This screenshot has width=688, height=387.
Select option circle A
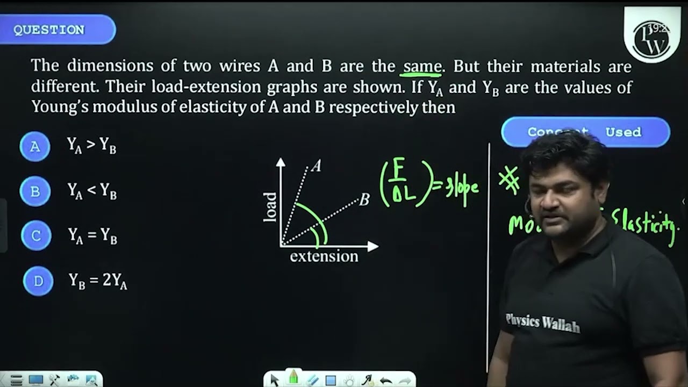point(35,146)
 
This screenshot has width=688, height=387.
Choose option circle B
point(35,191)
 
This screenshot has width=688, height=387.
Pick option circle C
point(36,235)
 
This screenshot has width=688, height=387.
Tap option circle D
point(38,281)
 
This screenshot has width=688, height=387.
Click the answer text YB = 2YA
point(97,281)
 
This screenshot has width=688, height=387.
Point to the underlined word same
point(422,67)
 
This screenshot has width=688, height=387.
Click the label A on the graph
point(316,166)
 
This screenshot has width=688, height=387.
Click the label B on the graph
point(364,200)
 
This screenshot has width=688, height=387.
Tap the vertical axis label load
point(270,207)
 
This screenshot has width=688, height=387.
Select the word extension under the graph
point(324,256)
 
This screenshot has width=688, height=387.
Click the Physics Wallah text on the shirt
point(543,322)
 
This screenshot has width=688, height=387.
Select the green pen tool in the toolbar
point(293,378)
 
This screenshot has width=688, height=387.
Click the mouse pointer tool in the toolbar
point(275,380)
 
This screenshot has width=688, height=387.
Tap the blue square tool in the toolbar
point(331,381)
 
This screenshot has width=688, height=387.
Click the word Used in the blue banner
point(623,132)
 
